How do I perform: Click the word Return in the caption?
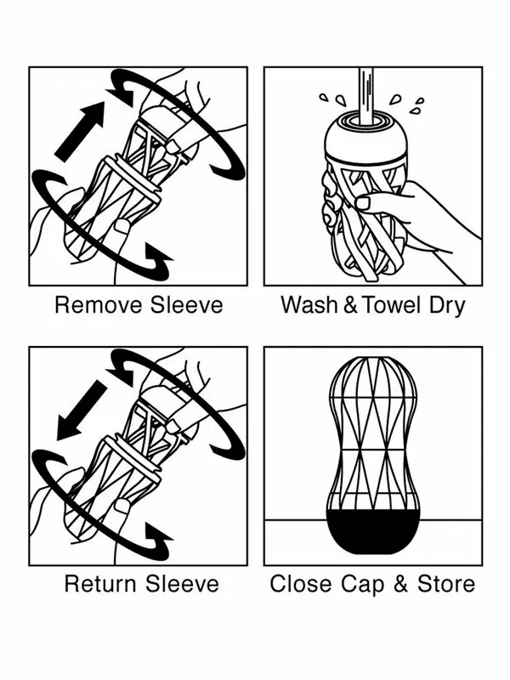point(99,584)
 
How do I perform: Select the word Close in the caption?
point(297,584)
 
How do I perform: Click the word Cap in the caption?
point(357,586)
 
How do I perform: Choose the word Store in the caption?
point(445,584)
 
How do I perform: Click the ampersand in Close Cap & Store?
point(399,584)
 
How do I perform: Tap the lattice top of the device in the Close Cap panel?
point(374,391)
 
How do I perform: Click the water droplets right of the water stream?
point(416,106)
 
